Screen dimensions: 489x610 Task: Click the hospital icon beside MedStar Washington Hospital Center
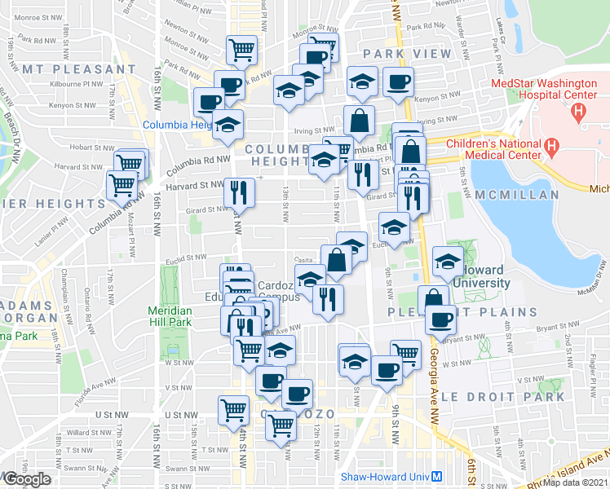click(x=580, y=110)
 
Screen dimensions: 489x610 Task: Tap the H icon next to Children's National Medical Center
click(x=552, y=148)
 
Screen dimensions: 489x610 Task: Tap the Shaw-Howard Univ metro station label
click(x=384, y=477)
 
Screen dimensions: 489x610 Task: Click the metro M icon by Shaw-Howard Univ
click(x=437, y=477)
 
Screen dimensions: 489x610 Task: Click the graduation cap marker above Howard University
click(x=448, y=261)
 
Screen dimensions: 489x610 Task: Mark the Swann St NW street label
click(x=183, y=469)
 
